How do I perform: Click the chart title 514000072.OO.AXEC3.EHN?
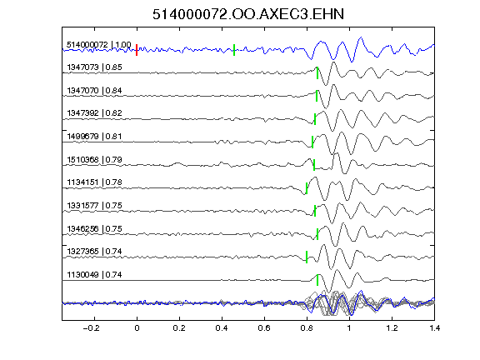[248, 14]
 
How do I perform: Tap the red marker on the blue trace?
[137, 50]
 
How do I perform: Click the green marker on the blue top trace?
[234, 50]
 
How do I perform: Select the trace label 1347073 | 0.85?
[94, 67]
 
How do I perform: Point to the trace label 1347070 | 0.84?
[94, 91]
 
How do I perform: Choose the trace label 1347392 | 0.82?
[94, 113]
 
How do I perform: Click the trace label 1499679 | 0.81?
[94, 136]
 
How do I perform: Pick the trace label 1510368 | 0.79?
[94, 160]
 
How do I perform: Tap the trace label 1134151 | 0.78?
[94, 182]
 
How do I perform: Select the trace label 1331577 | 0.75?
[94, 205]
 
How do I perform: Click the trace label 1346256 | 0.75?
[94, 229]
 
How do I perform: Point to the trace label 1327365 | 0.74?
[94, 252]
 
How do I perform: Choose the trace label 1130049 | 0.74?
[94, 275]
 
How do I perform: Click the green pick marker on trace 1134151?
[307, 188]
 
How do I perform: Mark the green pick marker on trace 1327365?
[307, 257]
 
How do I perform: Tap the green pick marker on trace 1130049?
[317, 280]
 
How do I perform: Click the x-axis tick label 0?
[137, 328]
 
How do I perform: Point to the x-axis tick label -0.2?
[91, 328]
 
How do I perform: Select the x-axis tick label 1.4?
[434, 328]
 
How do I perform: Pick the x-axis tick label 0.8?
[307, 328]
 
